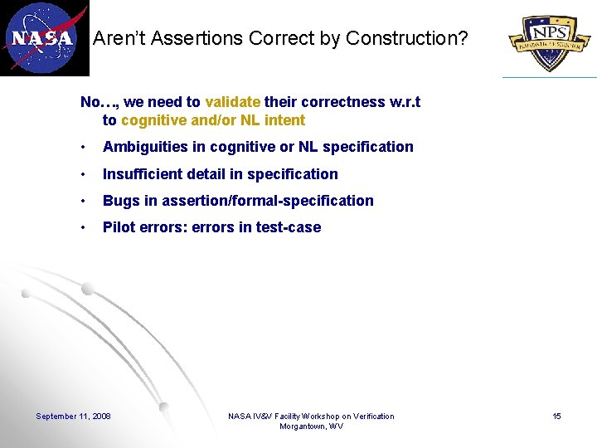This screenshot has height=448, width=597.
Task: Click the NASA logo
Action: tap(44, 38)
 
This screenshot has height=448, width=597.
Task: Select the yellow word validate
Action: tap(232, 102)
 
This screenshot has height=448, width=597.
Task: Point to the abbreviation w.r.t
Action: tap(405, 102)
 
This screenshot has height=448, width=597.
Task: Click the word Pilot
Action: tap(119, 227)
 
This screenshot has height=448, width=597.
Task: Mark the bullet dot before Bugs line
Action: tap(84, 202)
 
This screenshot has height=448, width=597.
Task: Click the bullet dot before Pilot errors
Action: tap(84, 228)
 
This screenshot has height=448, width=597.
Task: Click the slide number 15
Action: tap(556, 416)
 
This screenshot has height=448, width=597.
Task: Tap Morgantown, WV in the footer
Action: tap(311, 426)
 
